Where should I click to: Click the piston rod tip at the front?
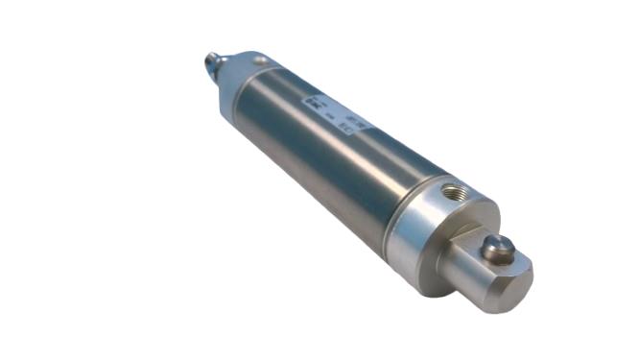[211, 64]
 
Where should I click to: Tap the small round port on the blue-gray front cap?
[259, 61]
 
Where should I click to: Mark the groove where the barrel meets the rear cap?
[396, 206]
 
